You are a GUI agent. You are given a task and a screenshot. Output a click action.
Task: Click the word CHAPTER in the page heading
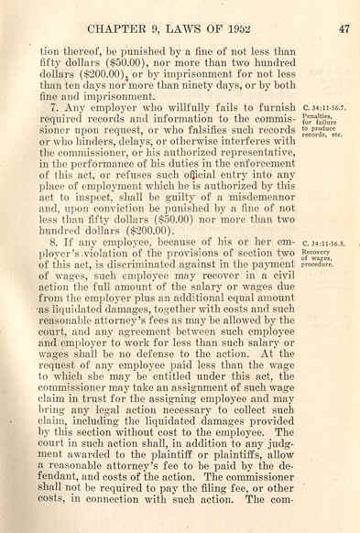(x=119, y=28)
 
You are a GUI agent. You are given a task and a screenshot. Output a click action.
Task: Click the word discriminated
(x=157, y=271)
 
